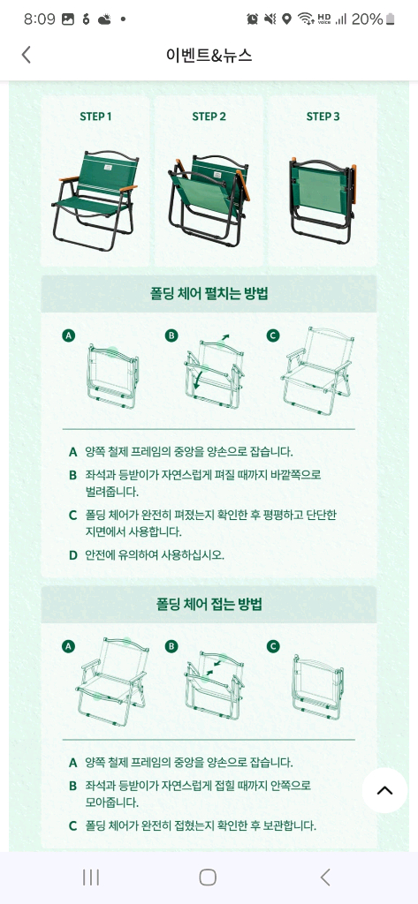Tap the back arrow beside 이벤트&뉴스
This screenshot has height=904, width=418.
(26, 55)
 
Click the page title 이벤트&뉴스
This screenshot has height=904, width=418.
(209, 55)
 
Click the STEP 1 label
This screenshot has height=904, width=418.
(95, 117)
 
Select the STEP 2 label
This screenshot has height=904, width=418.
(209, 117)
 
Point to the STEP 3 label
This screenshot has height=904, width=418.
(323, 117)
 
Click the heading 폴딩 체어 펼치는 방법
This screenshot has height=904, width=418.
(209, 293)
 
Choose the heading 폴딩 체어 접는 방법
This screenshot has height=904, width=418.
(209, 605)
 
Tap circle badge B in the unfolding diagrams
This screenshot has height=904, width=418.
(172, 335)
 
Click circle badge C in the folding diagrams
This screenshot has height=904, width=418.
(273, 646)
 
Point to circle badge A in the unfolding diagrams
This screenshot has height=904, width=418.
(69, 335)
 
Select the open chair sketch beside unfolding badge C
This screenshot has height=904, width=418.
(317, 369)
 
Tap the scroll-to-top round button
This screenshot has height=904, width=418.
(384, 790)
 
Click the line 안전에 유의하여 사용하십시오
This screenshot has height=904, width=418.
(154, 555)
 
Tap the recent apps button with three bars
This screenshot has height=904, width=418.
(90, 877)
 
